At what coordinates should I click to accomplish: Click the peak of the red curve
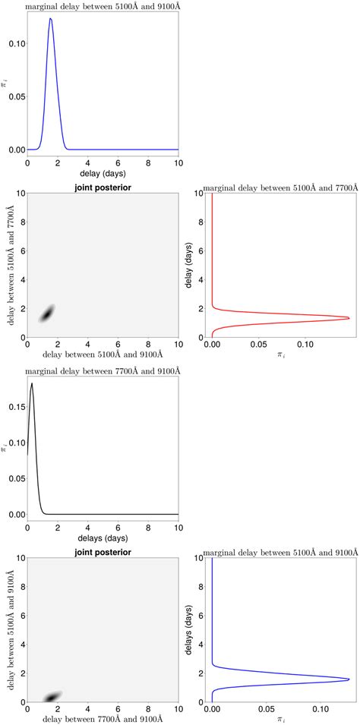[x=349, y=318]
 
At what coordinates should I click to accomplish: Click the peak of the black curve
[x=32, y=384]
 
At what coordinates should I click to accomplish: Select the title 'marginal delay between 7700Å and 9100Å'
[x=103, y=370]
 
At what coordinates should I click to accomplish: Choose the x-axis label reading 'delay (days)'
[x=103, y=173]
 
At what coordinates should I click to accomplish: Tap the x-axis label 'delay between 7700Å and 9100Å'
[x=103, y=719]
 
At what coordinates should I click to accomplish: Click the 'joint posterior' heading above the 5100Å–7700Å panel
[x=103, y=184]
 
